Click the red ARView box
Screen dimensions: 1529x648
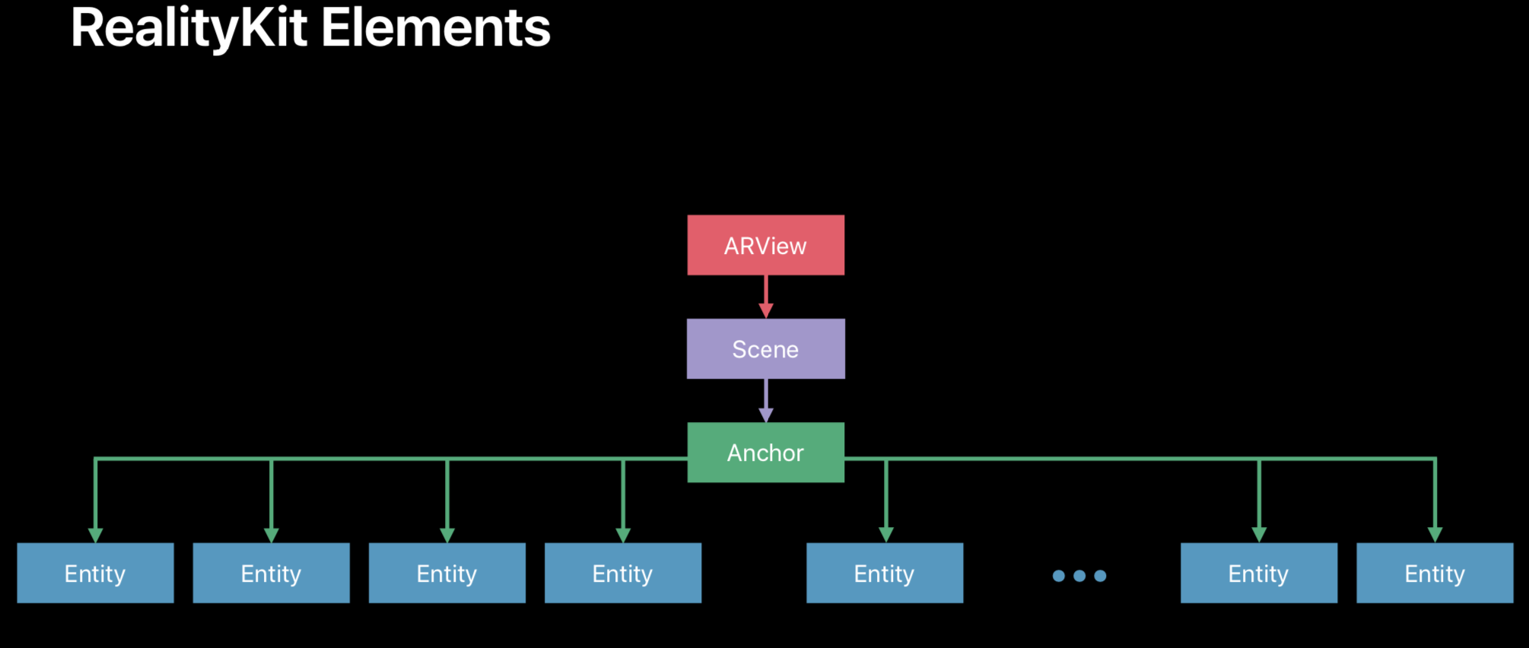[765, 245]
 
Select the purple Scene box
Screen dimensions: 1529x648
[765, 349]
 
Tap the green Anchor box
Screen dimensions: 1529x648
[765, 453]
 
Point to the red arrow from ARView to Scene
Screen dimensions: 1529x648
[766, 297]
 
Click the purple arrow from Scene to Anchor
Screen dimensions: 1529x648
[766, 401]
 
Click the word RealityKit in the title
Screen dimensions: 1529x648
[189, 29]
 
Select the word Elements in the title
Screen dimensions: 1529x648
[436, 28]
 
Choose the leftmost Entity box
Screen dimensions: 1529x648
[95, 573]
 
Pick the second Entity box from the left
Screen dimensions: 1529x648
[271, 573]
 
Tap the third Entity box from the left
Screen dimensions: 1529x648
[447, 573]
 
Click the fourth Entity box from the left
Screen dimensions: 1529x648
[623, 573]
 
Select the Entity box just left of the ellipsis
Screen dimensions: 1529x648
[885, 573]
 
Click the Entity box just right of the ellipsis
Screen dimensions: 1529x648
[1259, 573]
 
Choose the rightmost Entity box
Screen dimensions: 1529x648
[1435, 573]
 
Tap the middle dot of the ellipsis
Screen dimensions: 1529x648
[1079, 576]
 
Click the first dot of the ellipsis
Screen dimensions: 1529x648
[1058, 576]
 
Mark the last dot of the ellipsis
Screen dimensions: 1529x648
[1100, 576]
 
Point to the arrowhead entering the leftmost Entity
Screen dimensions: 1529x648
[95, 535]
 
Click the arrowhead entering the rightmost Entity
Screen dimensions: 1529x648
[1435, 535]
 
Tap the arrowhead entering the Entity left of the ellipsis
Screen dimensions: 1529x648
[886, 535]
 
